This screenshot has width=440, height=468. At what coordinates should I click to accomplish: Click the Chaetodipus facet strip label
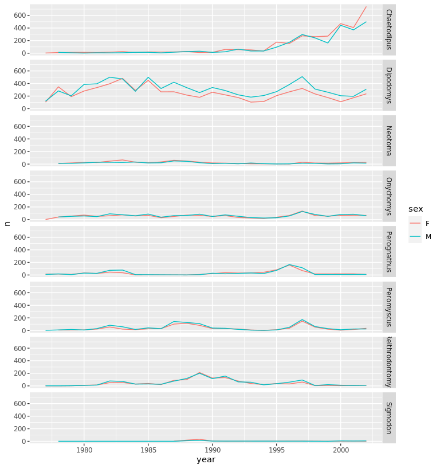coord(388,29)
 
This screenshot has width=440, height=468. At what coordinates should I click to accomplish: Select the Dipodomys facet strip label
coord(388,85)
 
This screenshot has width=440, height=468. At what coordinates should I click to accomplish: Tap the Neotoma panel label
coord(388,141)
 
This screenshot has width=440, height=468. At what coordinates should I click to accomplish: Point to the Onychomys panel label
coord(388,196)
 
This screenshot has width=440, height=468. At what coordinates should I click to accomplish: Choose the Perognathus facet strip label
coord(388,252)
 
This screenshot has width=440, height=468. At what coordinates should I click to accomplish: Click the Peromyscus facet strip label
coord(388,307)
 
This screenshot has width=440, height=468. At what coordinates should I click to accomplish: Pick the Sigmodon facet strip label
coord(388,419)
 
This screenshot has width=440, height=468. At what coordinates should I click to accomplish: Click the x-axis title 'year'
coord(206,459)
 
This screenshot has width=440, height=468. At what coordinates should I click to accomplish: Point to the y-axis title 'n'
coord(7,223)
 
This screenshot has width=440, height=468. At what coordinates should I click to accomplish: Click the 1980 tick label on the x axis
coord(84,450)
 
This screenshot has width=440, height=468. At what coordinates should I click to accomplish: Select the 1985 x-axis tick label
coord(148,450)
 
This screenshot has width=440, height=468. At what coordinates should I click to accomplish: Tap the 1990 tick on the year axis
coord(213,450)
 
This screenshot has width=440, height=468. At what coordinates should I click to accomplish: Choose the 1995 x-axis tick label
coord(277,450)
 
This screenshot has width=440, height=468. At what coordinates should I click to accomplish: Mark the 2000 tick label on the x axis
coord(341,450)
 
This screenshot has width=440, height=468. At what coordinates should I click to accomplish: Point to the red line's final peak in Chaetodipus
coord(366,7)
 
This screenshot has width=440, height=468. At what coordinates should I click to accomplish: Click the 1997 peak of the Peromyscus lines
coord(302,319)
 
